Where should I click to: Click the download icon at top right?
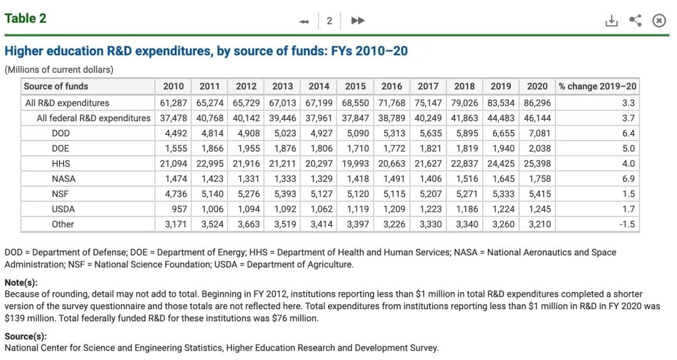tap(611, 21)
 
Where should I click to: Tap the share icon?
tap(635, 21)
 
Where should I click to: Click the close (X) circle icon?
tap(659, 21)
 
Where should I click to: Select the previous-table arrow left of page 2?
tap(304, 21)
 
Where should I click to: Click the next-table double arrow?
tap(358, 21)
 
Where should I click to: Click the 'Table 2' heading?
tap(26, 18)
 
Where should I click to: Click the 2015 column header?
tap(355, 87)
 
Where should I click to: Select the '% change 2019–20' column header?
tap(597, 87)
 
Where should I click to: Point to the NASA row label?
tap(64, 179)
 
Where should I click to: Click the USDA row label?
tap(64, 209)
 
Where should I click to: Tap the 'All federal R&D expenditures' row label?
tap(93, 118)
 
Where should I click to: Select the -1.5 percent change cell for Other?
tap(627, 224)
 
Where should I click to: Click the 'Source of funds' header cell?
tap(56, 87)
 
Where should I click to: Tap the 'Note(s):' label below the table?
tap(21, 283)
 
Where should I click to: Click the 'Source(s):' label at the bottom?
tap(26, 337)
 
